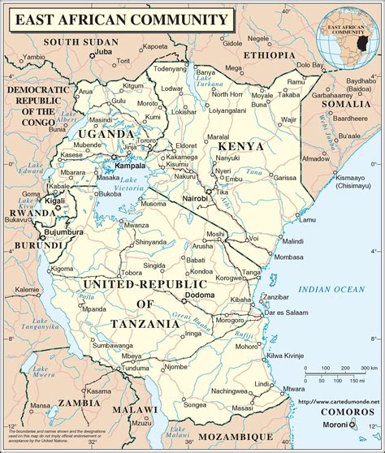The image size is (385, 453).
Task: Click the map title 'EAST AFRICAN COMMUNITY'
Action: tap(117, 18)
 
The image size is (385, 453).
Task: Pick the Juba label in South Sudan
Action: tap(102, 51)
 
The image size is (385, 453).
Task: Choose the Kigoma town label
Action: tap(63, 268)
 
